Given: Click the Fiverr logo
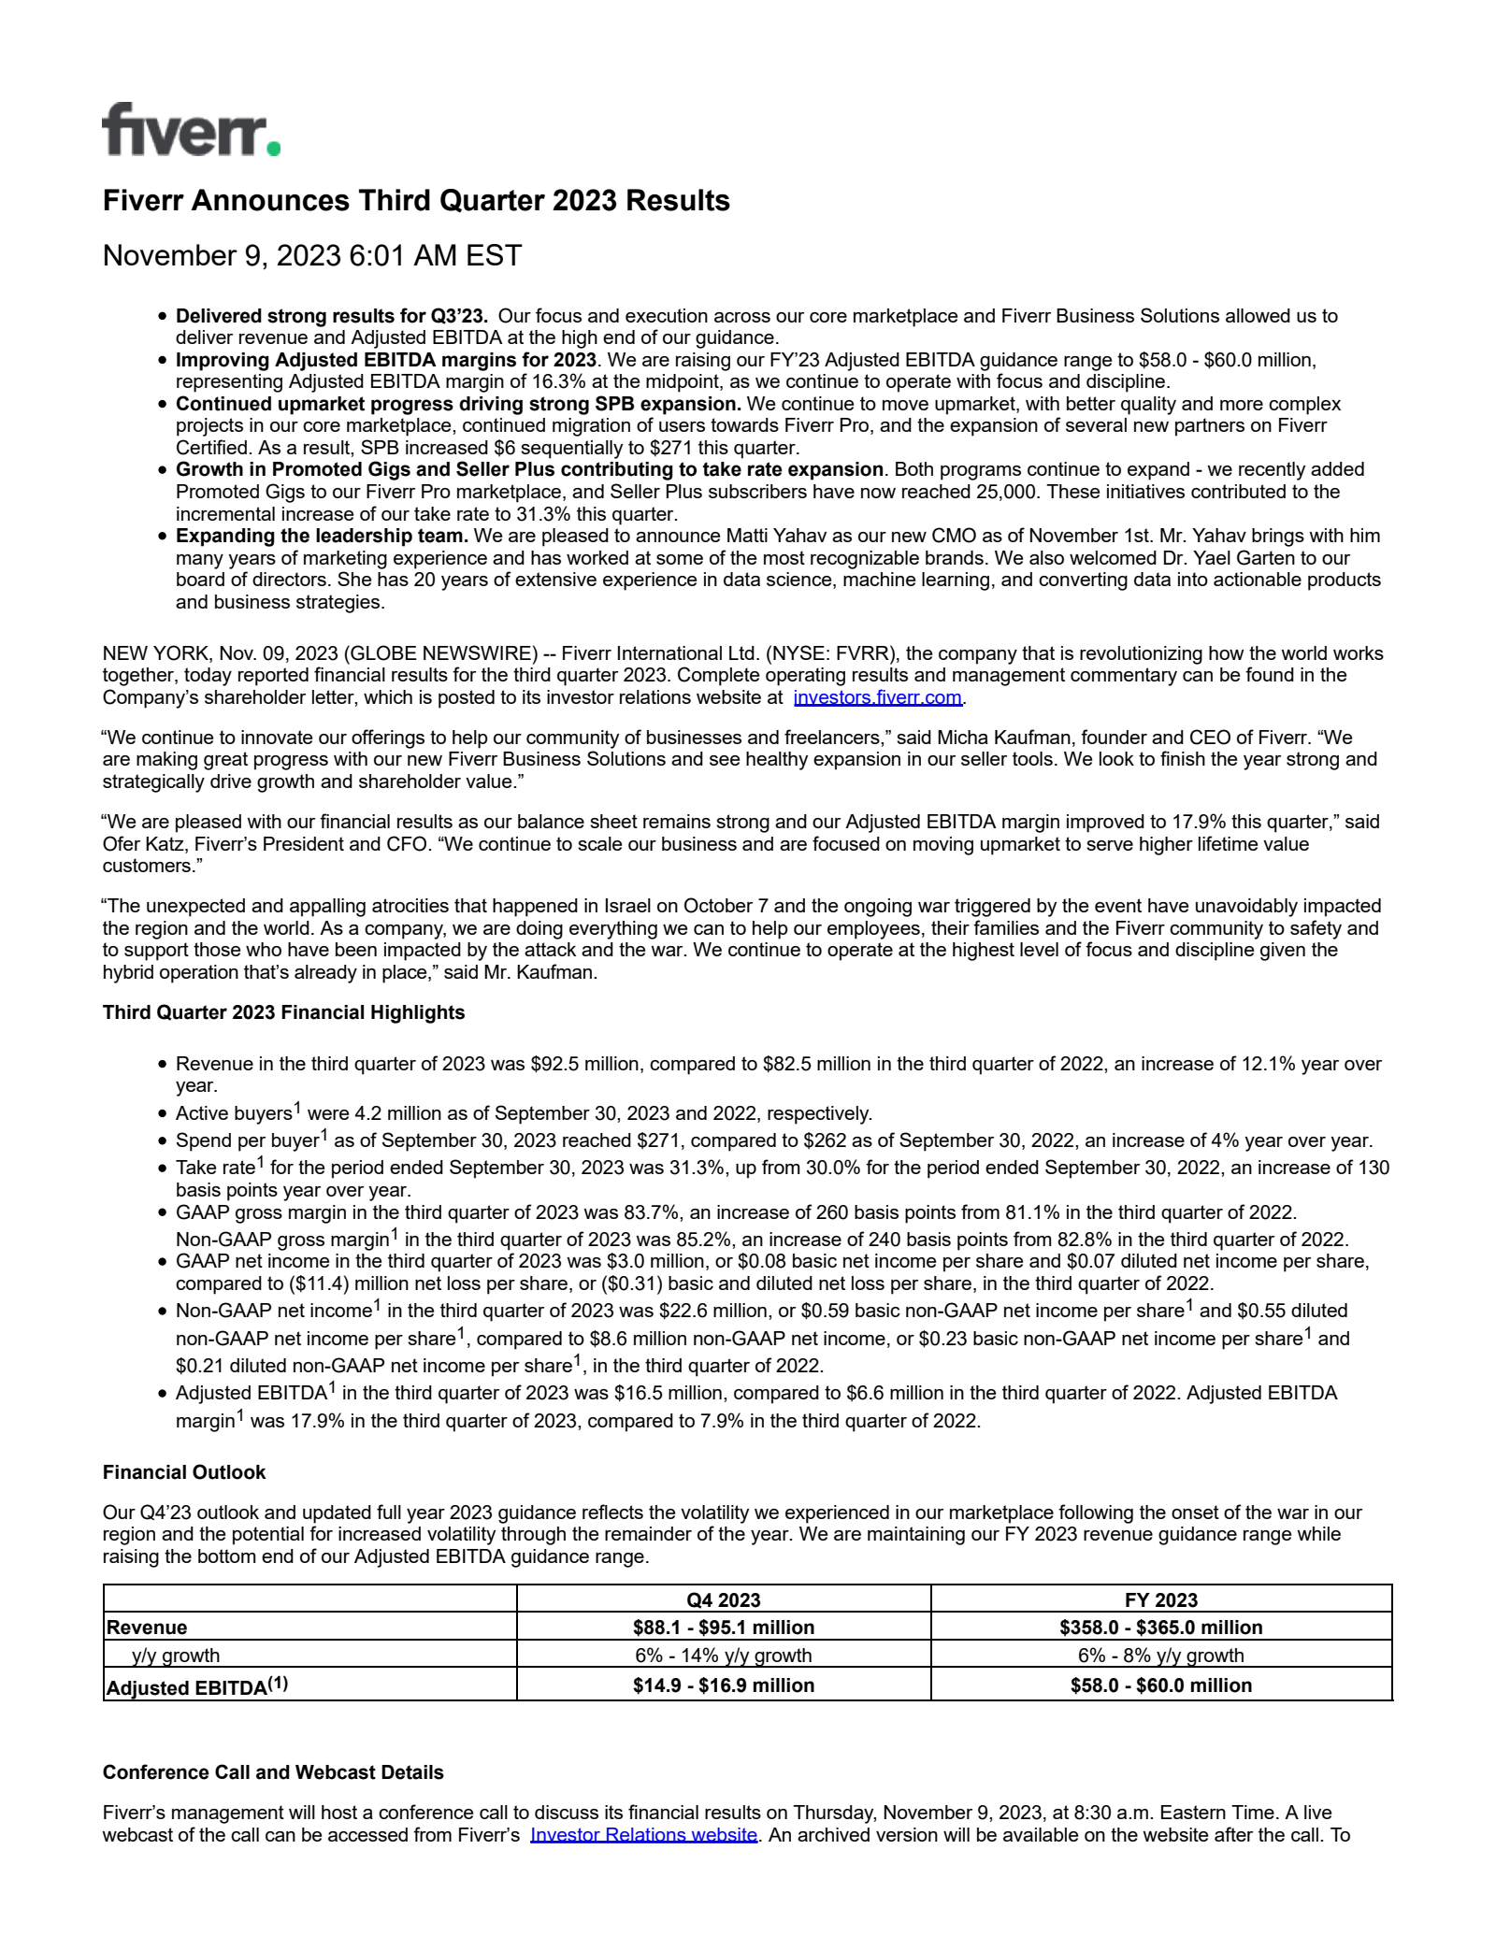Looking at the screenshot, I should click(x=191, y=130).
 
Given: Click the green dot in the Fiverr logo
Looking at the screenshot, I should click(x=272, y=148).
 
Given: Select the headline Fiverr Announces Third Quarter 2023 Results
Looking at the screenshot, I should click(x=416, y=201).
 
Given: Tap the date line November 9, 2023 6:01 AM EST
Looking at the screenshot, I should click(x=311, y=256).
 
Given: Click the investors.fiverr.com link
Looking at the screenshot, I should click(x=877, y=697).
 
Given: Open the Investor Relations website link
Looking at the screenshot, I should click(x=643, y=1834).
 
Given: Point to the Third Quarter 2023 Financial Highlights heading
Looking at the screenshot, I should click(x=283, y=1012).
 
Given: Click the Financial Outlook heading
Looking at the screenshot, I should click(x=184, y=1472).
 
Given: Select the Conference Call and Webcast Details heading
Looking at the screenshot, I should click(x=273, y=1772).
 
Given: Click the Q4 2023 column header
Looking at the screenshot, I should click(x=724, y=1599).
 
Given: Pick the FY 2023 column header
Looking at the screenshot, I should click(x=1161, y=1599).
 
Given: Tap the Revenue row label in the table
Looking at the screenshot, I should click(x=147, y=1628).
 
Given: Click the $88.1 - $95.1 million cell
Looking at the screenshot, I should click(x=724, y=1628).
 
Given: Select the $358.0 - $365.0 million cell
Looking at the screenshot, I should click(x=1161, y=1628).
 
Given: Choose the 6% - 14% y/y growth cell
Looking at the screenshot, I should click(x=724, y=1656).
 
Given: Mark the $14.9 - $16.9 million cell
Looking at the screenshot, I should click(x=724, y=1685).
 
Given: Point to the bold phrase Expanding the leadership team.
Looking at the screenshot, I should click(x=322, y=536).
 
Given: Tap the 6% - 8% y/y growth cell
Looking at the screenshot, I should click(x=1161, y=1656).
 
